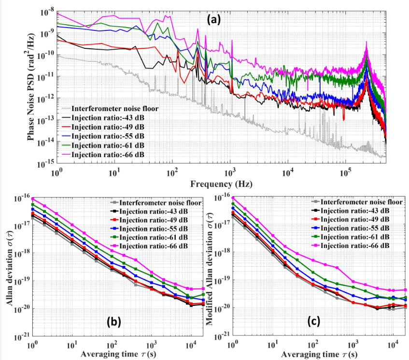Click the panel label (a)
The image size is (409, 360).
click(213, 20)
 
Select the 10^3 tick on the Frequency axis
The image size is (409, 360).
click(230, 173)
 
